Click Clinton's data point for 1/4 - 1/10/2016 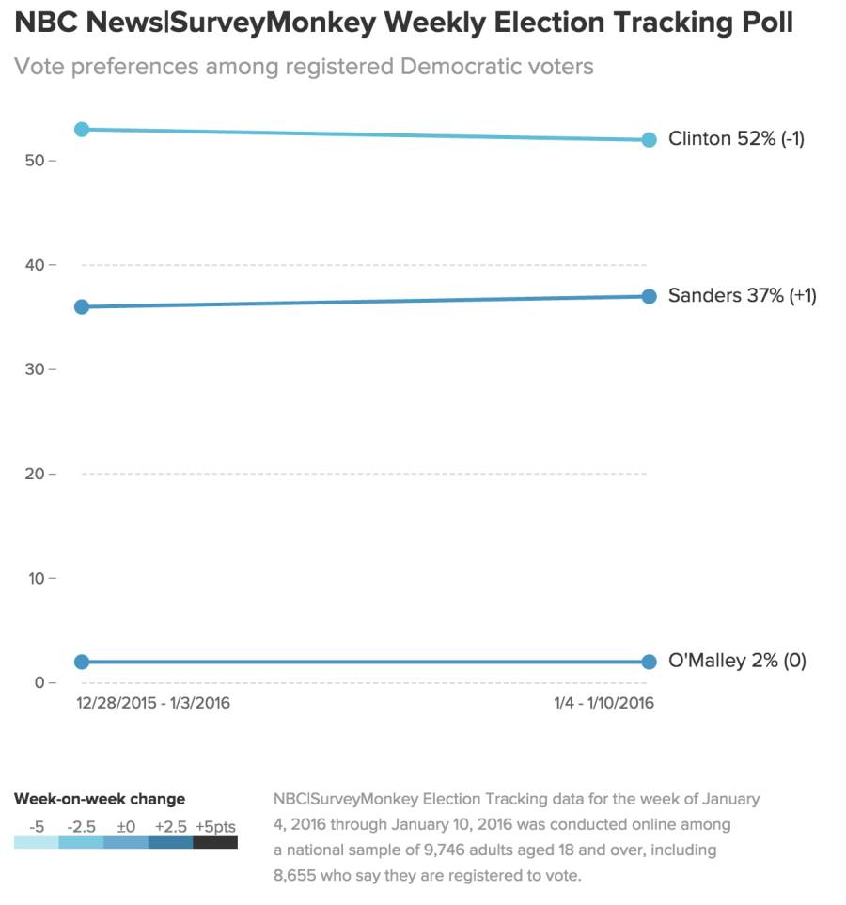(649, 140)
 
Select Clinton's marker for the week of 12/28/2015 (82, 129)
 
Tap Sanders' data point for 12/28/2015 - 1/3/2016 (82, 306)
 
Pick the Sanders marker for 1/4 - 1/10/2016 (649, 296)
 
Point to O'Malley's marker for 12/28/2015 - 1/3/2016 (82, 662)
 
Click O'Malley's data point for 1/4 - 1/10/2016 (649, 662)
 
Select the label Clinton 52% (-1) (736, 139)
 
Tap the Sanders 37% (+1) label (742, 296)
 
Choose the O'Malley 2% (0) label (737, 661)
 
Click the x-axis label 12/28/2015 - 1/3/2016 (153, 703)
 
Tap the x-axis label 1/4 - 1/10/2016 (604, 703)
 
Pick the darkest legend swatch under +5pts (215, 843)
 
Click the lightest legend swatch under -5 (36, 843)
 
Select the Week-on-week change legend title (100, 799)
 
